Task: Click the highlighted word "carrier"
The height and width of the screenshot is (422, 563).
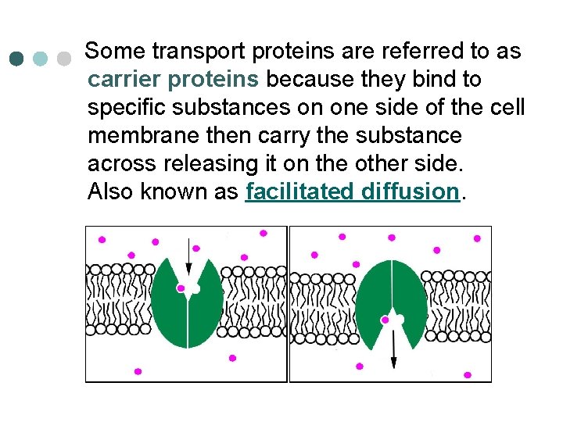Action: tap(125, 80)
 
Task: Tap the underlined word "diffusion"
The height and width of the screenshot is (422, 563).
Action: tap(411, 191)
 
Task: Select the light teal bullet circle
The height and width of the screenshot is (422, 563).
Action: tap(41, 59)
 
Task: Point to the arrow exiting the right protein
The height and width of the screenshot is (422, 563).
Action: tap(393, 348)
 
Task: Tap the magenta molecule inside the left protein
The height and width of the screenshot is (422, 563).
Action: tap(181, 288)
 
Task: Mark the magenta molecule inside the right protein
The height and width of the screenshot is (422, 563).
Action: tap(384, 320)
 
